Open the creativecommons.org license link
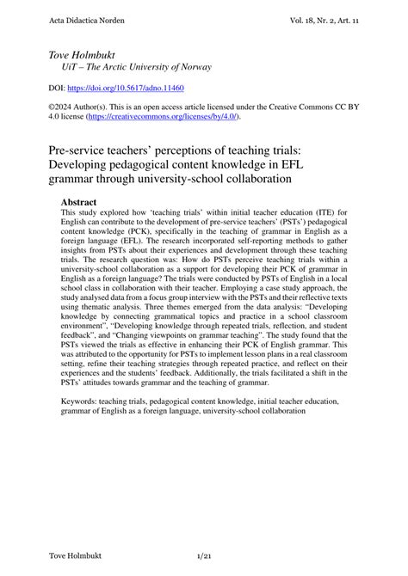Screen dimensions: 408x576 click(x=163, y=118)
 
